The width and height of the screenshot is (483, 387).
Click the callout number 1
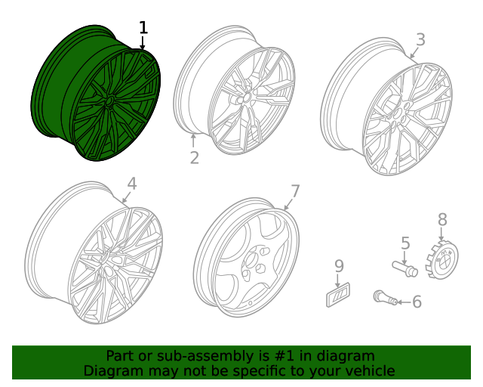coord(143,28)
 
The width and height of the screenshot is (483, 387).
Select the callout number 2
coord(194,157)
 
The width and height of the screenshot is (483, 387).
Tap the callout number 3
coord(420,39)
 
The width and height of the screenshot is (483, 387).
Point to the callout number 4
coord(131,184)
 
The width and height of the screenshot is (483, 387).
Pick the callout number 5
coord(405,243)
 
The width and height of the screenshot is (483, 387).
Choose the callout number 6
coord(417,302)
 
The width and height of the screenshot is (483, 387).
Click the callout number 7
coord(295,191)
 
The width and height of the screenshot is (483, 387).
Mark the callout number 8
coord(442,219)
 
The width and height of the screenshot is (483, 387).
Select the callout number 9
coord(339,266)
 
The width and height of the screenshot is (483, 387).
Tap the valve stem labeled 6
coord(385,299)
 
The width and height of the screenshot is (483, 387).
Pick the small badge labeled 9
coord(338,295)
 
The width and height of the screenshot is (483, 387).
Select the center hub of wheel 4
coord(112,266)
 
